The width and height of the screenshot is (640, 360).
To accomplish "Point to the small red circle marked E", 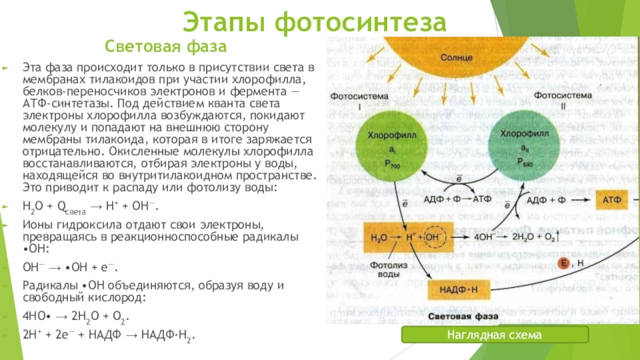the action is coord(563,263).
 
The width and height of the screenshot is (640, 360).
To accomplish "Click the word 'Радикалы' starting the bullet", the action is coord(48,286).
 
